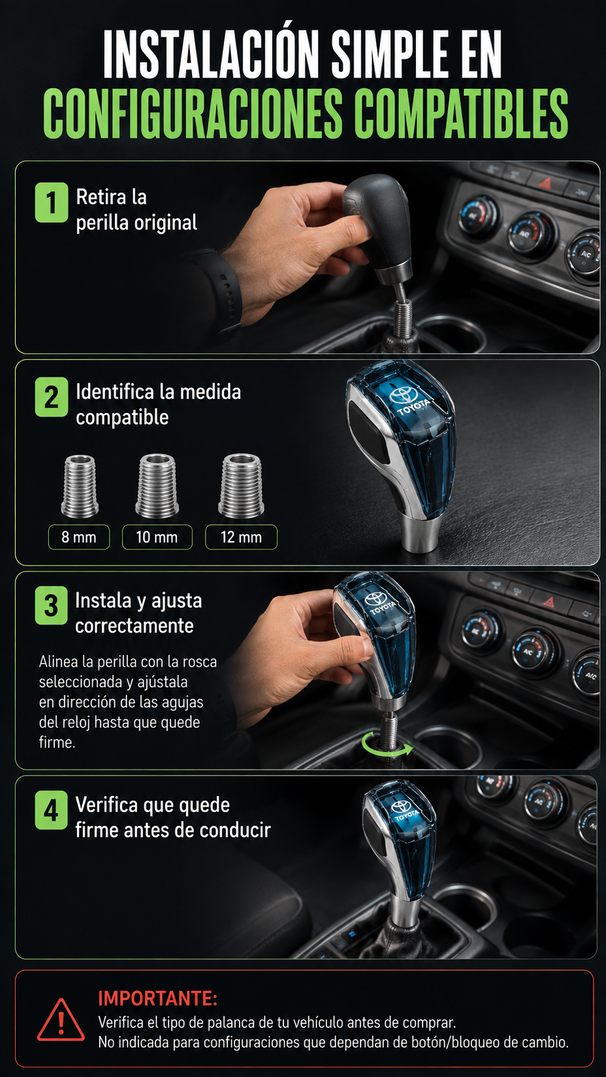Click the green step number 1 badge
(x=52, y=202)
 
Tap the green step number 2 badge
(x=52, y=397)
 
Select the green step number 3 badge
(x=52, y=605)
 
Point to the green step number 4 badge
(x=52, y=810)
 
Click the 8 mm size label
(x=79, y=537)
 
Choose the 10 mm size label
(x=157, y=537)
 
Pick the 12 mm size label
(x=241, y=537)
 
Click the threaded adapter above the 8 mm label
(x=80, y=486)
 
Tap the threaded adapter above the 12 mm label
(x=241, y=486)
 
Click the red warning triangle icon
(x=61, y=1020)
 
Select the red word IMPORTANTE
(x=158, y=998)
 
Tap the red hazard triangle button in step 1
(x=544, y=183)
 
